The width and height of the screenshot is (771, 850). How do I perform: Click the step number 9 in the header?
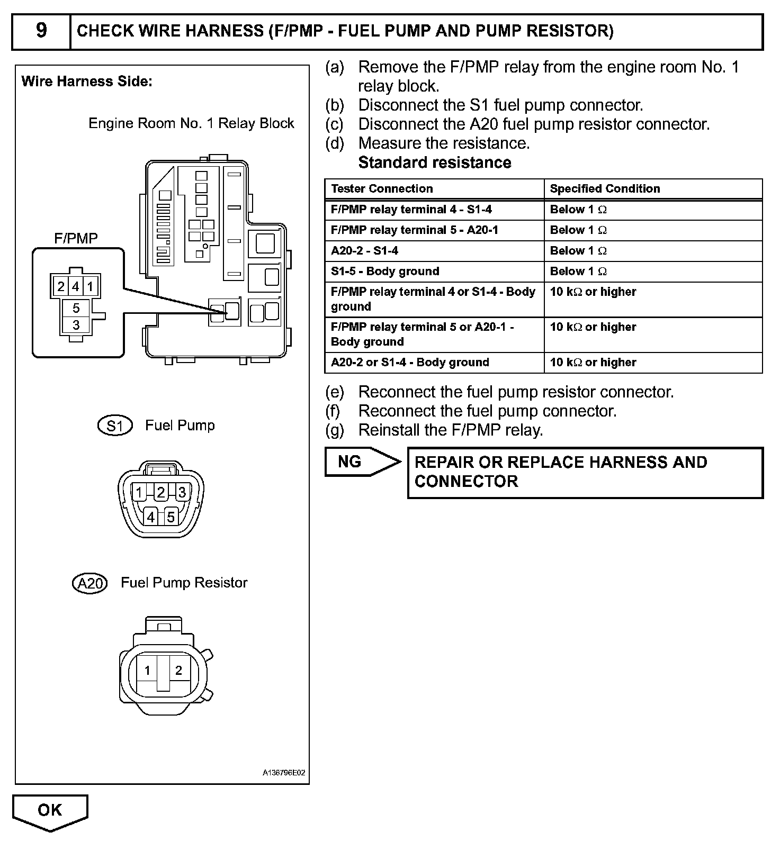click(x=41, y=31)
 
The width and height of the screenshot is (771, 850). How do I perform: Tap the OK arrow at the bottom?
click(x=50, y=811)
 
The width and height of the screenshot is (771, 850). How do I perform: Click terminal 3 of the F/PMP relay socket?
click(x=76, y=325)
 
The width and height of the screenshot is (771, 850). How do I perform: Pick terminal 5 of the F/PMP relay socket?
click(x=76, y=308)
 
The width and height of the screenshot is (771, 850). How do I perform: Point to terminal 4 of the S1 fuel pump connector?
click(x=151, y=517)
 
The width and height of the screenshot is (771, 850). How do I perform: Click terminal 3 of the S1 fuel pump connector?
click(x=182, y=492)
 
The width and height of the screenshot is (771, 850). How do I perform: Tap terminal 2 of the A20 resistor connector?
click(x=178, y=671)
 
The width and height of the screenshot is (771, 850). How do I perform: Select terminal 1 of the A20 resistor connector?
click(x=147, y=671)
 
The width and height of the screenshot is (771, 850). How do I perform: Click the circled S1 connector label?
click(x=115, y=426)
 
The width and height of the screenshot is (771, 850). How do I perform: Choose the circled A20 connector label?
click(x=89, y=583)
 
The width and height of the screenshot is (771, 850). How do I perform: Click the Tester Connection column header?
click(x=381, y=189)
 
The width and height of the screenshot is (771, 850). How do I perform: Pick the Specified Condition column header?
click(x=605, y=189)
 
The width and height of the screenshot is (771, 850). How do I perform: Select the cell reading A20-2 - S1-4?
click(x=364, y=251)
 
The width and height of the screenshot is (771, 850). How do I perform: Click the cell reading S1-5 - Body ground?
click(x=385, y=272)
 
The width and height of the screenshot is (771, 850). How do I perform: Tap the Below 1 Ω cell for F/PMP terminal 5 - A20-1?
click(x=578, y=230)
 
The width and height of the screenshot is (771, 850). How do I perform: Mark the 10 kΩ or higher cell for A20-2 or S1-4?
click(x=593, y=363)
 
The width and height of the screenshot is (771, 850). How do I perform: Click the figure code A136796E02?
click(x=284, y=773)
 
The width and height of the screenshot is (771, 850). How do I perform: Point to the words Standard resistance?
click(x=434, y=162)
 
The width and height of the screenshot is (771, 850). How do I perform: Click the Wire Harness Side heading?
click(x=87, y=82)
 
